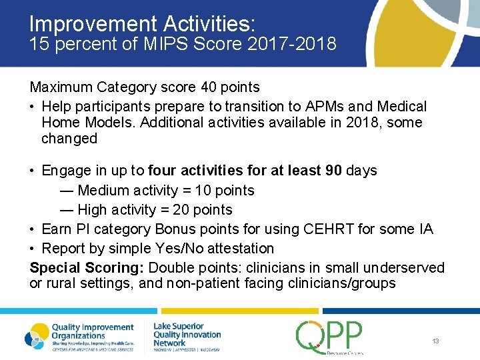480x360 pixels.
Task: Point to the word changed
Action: pyautogui.click(x=69, y=139)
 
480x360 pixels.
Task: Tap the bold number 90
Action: pyautogui.click(x=333, y=171)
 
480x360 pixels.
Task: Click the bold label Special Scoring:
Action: pyautogui.click(x=87, y=268)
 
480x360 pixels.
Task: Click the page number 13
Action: pyautogui.click(x=435, y=341)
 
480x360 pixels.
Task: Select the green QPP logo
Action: pyautogui.click(x=329, y=336)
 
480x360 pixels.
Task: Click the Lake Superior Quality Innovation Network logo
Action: pyautogui.click(x=187, y=335)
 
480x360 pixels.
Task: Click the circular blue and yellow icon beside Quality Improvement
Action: pyautogui.click(x=37, y=335)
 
